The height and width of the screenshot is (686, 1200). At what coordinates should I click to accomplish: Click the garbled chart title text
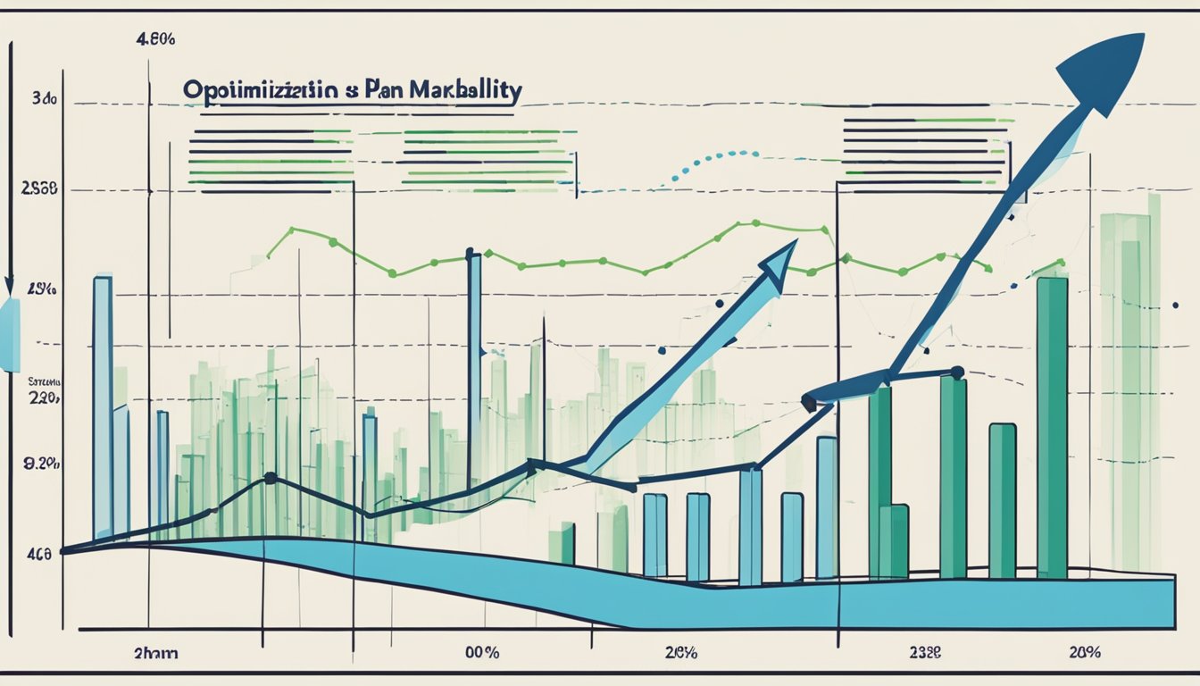click(x=352, y=91)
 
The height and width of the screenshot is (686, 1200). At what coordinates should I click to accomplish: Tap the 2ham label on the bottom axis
click(x=155, y=653)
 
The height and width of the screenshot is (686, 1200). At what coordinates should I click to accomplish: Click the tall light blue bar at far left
click(x=103, y=406)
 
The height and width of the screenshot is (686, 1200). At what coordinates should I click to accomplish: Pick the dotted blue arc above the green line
click(x=705, y=163)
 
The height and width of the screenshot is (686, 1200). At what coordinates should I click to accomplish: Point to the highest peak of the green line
click(x=755, y=222)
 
